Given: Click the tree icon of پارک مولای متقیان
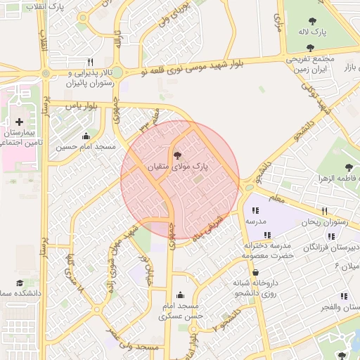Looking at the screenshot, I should coord(176,154).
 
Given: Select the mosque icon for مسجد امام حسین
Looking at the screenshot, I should coord(86,136).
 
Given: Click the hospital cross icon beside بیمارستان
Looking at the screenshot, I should coord(19,122).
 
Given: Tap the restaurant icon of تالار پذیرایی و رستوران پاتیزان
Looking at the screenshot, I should coord(90,62).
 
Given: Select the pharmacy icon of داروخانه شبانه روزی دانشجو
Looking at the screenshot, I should coord(255,273).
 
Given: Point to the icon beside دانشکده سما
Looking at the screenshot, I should coord(19,283).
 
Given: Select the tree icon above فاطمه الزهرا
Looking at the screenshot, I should coord(349,167).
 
